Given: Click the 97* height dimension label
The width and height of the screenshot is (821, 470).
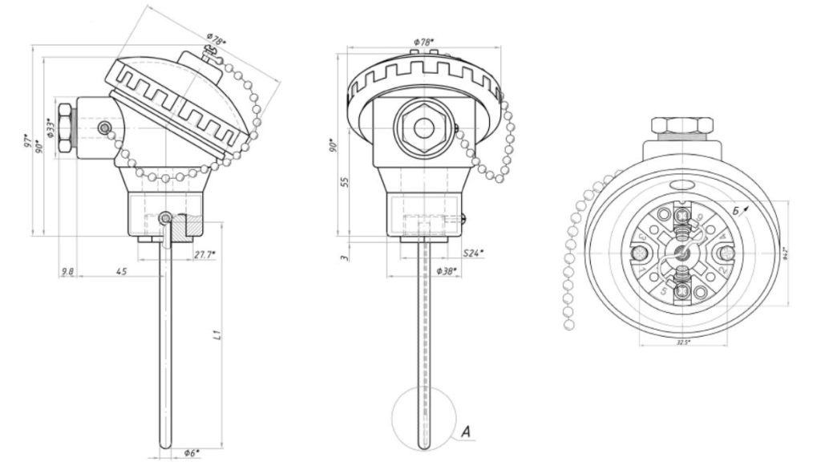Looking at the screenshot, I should [26, 144].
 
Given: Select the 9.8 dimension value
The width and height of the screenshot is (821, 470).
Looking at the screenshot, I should [68, 272].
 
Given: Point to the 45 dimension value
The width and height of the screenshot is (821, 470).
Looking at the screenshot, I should [121, 272].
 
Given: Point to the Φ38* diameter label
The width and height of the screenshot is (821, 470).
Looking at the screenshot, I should [446, 272].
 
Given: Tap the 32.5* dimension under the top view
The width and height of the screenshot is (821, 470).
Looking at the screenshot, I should [682, 342].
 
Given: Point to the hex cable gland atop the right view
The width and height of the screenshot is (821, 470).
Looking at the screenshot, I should [681, 126].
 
